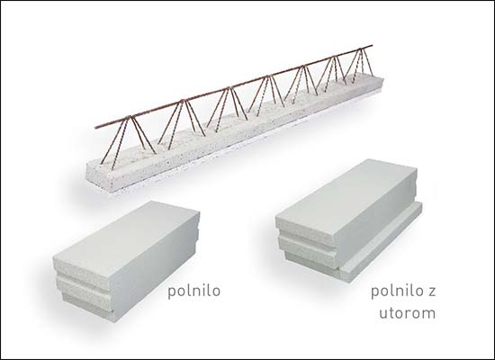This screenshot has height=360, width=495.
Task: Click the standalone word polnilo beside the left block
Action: click(193, 291)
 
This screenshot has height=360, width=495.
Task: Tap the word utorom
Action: click(407, 313)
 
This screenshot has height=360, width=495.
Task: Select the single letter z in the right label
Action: click(431, 292)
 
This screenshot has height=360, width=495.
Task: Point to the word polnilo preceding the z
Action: click(397, 291)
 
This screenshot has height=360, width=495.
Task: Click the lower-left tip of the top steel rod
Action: click(95, 128)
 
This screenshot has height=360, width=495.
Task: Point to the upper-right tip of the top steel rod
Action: click(373, 46)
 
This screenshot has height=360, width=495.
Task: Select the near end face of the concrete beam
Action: click(98, 179)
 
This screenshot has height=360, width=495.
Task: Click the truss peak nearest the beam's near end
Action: click(129, 118)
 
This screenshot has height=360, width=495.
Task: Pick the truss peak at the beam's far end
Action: click(361, 49)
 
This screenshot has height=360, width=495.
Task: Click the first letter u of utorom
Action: click(383, 313)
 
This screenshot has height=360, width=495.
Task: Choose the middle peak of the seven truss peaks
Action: click(269, 76)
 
